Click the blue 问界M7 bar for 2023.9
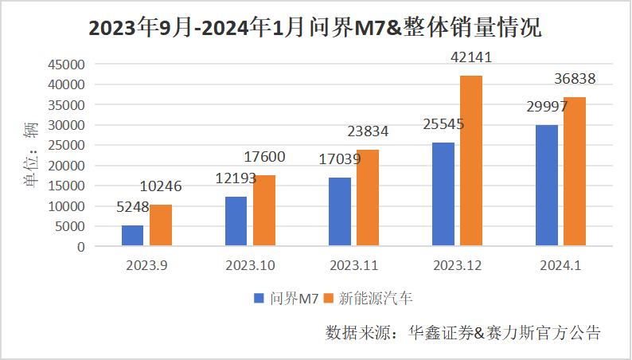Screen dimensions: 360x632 (132, 236)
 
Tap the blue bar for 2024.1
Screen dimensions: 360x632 (546, 186)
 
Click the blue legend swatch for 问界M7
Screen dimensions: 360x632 (259, 299)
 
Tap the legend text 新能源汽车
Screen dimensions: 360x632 (376, 299)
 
